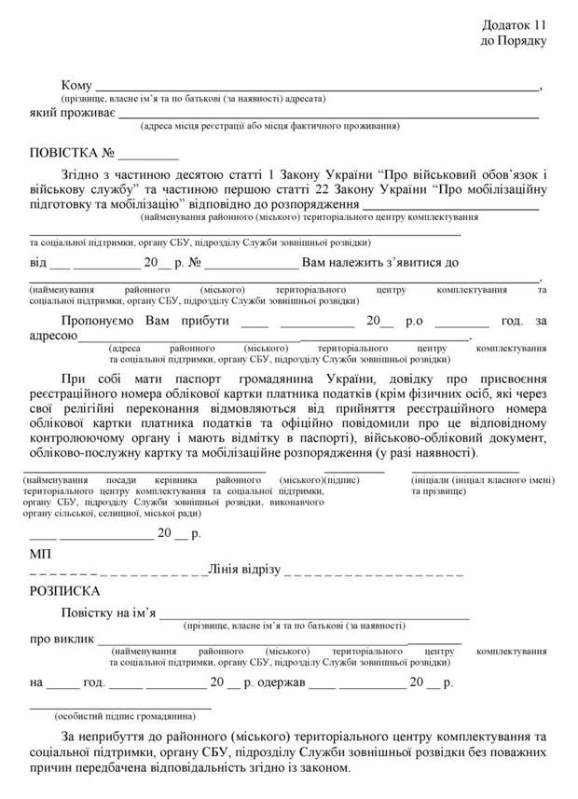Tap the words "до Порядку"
pyautogui.click(x=513, y=41)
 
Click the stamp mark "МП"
pyautogui.click(x=39, y=555)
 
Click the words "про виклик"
pyautogui.click(x=62, y=640)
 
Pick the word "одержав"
pyautogui.click(x=281, y=682)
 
